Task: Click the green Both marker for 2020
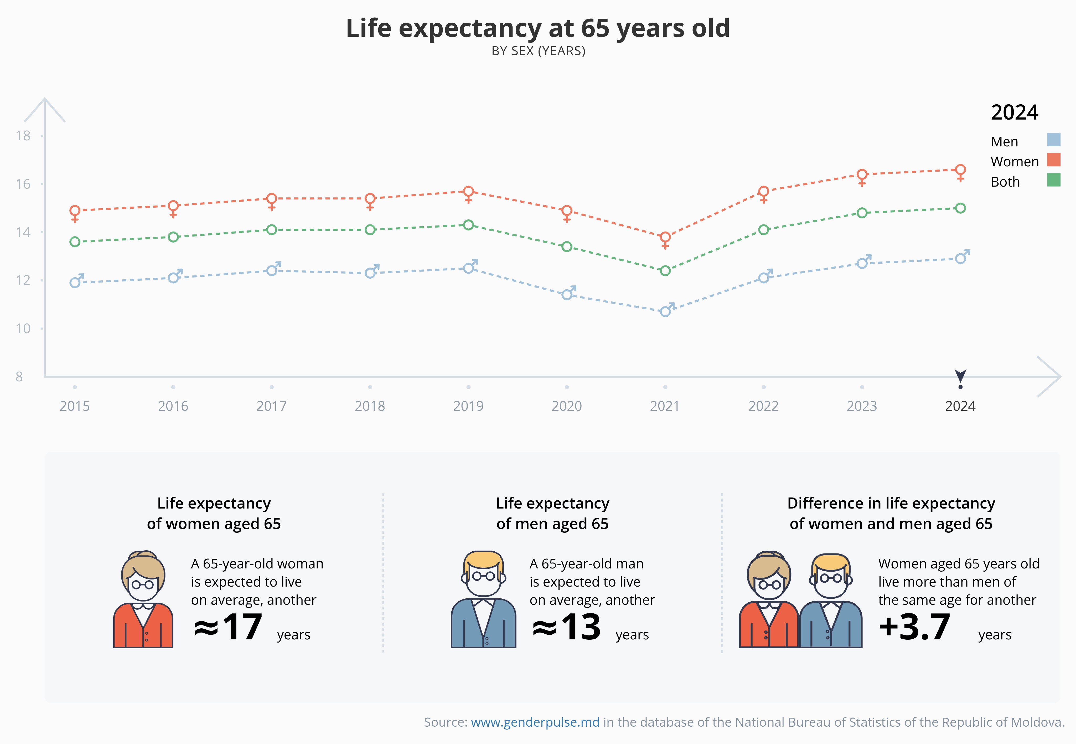coord(567,247)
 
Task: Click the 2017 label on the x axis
coord(271,406)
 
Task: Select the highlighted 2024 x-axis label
coord(960,406)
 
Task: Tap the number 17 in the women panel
coord(242,627)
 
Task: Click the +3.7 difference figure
coord(914,627)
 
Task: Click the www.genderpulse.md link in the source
coord(535,722)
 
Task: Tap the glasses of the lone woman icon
coord(143,584)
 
